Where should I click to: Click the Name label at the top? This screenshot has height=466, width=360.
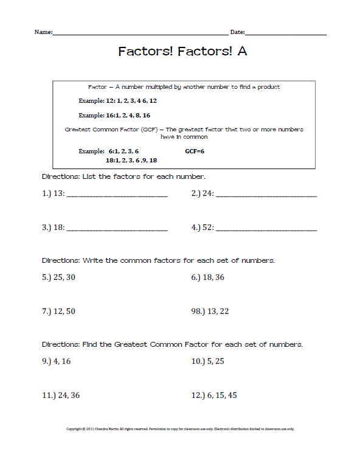[x=43, y=32]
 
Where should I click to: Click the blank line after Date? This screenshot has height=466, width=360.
[x=286, y=33]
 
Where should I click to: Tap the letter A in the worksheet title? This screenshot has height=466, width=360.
[x=242, y=52]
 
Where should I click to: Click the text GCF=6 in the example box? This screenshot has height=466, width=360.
[x=195, y=150]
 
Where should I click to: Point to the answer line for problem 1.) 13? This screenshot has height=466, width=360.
[x=116, y=195]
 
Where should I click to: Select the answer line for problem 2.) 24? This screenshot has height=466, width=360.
[x=266, y=195]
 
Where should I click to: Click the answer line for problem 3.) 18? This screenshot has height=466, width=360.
[x=116, y=229]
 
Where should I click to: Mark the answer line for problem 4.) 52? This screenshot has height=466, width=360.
[x=266, y=229]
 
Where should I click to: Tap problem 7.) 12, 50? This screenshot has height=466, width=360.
[x=59, y=311]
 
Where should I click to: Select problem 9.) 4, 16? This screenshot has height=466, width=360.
[x=57, y=361]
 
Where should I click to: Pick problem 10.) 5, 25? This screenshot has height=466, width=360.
[x=208, y=361]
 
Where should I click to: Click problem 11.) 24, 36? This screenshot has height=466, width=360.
[x=61, y=395]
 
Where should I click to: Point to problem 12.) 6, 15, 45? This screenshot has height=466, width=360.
[x=214, y=395]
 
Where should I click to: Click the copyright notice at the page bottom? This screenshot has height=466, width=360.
[x=180, y=429]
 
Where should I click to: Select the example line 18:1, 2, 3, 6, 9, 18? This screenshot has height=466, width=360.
[x=131, y=160]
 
